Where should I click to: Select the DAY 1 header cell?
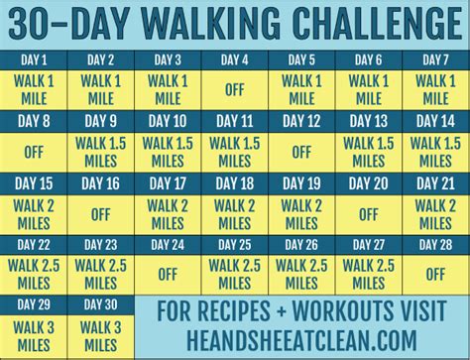36,59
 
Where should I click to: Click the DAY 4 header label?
235,59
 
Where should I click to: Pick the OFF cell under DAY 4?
235,87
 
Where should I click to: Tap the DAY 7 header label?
433,59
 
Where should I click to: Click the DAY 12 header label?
300,121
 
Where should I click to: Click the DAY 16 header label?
102,182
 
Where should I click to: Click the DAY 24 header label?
169,243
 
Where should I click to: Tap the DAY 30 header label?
102,304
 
